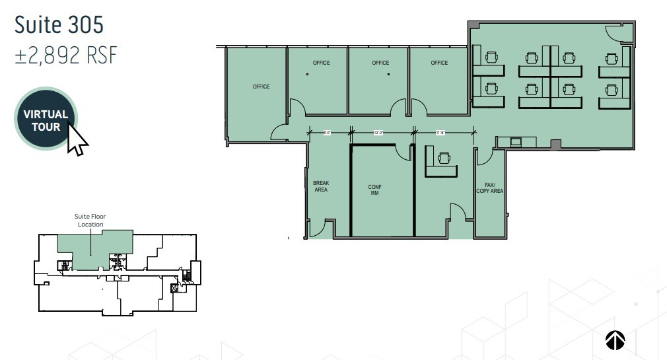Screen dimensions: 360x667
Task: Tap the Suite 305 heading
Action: [59, 24]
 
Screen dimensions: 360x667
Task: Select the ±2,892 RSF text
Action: [65, 55]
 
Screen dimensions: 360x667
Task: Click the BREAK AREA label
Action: [321, 186]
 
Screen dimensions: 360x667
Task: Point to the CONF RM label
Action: [374, 190]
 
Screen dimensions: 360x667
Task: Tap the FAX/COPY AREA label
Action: [489, 188]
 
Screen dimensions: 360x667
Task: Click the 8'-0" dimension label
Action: [327, 132]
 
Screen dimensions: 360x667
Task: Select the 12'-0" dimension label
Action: [378, 132]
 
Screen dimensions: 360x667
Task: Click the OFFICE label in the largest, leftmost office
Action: [261, 87]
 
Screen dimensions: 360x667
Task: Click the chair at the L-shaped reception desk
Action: [443, 157]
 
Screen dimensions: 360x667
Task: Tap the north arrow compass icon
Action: [615, 340]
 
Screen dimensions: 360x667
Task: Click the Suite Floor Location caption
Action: [90, 220]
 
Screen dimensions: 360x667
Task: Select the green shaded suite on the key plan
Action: [92, 248]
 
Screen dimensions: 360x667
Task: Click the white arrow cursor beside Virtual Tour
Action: [77, 139]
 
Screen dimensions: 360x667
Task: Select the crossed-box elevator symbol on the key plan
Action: [174, 288]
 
